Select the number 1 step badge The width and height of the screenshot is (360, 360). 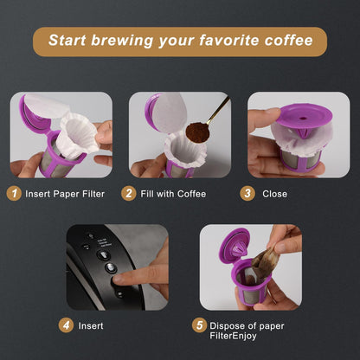pos(16,194)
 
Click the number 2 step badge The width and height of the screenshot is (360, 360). pos(129,194)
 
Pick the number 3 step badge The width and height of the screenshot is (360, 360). pos(248,194)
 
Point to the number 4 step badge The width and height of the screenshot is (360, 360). pos(66,326)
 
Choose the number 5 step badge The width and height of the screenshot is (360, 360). pos(200,326)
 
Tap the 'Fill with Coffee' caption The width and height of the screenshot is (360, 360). pos(174,194)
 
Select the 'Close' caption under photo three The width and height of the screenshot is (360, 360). pos(274,194)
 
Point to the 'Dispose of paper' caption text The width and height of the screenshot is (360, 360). pos(247,326)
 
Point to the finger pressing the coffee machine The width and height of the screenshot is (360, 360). pos(131,279)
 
